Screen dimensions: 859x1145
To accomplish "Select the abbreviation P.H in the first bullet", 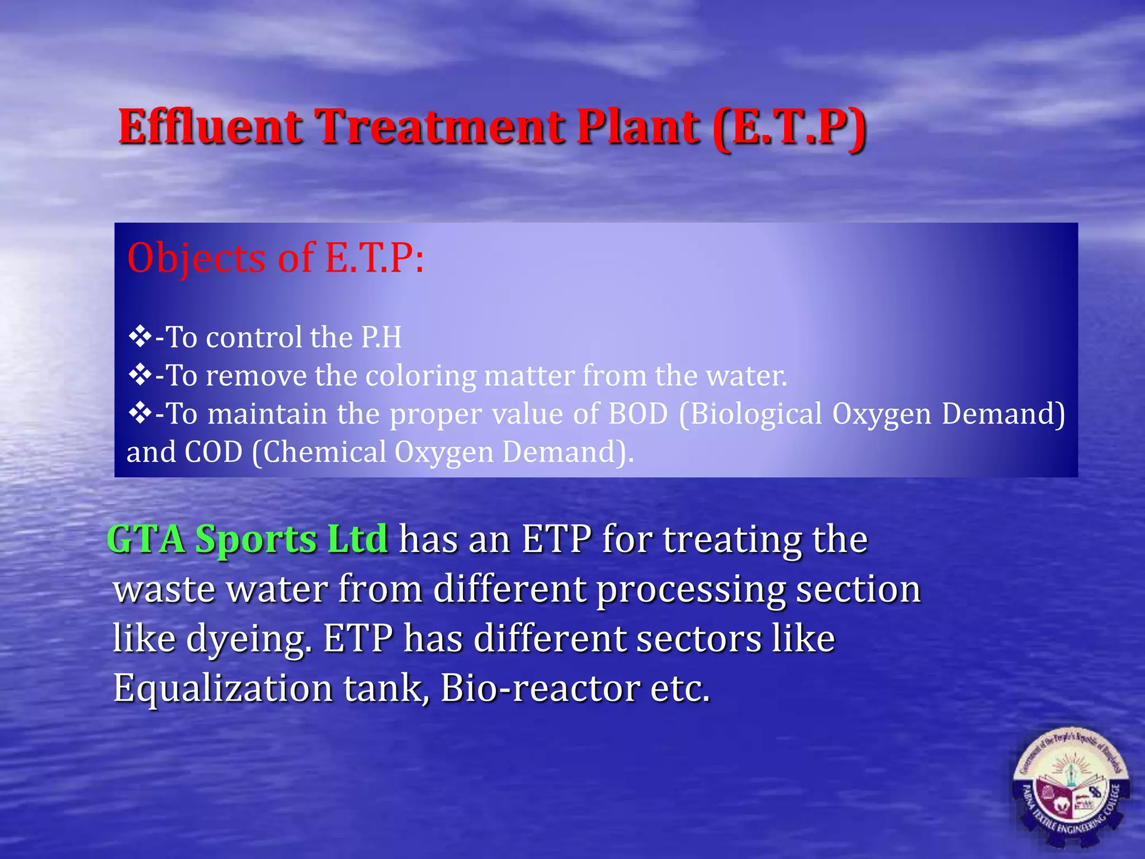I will pos(381,337).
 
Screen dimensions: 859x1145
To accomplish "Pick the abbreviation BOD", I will pos(638,414).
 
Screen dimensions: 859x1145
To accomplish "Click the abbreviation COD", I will pos(214,452).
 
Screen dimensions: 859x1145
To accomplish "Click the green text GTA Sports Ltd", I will pos(247,539).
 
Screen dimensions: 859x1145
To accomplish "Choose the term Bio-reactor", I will pos(540,688).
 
